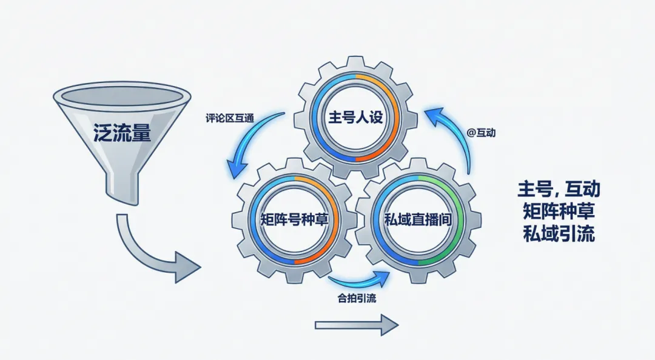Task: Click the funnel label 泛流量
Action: pos(121,133)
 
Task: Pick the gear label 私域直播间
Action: pos(418,219)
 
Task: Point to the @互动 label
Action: pos(481,131)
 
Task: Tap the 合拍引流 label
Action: pos(358,298)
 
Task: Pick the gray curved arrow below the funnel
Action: pos(152,252)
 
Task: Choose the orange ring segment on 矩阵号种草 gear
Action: pos(321,242)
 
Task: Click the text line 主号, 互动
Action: pos(559,189)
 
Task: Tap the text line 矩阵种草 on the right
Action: pos(559,212)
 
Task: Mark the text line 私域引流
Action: pos(559,234)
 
